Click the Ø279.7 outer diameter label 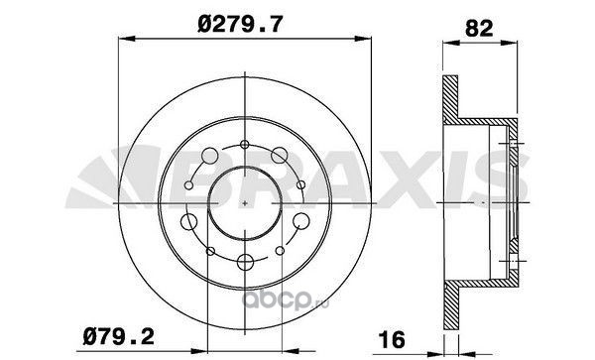coord(240,25)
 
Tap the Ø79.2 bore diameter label coord(119,336)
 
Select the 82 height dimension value coord(479,28)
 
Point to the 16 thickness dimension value coord(392,339)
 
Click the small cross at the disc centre coord(245,203)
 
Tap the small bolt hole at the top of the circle coord(245,144)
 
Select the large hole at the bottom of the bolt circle coord(245,262)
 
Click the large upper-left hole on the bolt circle coord(210,156)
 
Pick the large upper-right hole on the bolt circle coord(280,155)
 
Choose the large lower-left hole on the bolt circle coord(188,221)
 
